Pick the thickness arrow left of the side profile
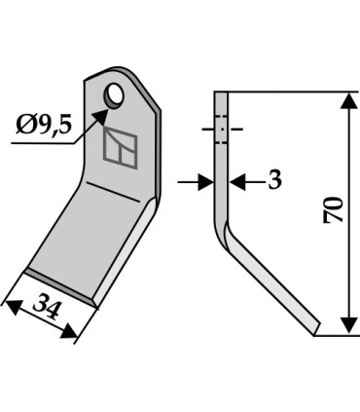tap(204, 181)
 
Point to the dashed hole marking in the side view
tap(222, 129)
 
